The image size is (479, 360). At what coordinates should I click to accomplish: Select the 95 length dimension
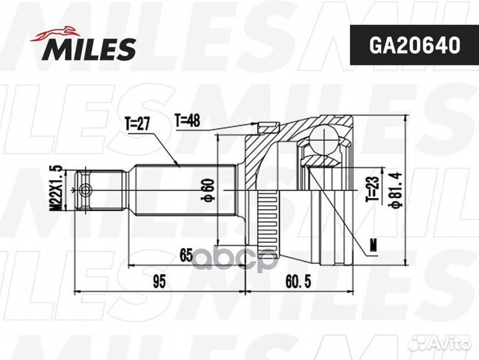tap(158, 281)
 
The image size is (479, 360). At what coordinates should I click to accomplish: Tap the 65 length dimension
tap(187, 255)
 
